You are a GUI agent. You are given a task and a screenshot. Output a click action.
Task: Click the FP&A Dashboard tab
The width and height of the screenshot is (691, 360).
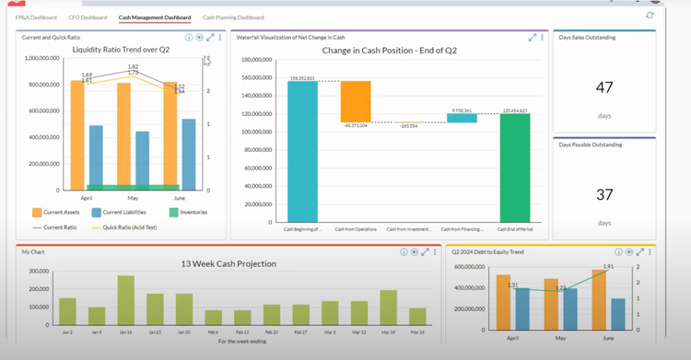coord(36,17)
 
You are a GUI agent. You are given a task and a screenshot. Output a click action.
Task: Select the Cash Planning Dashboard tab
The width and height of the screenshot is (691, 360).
coord(233,17)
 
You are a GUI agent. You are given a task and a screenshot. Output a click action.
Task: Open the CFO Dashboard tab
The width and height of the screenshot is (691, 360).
coord(88,17)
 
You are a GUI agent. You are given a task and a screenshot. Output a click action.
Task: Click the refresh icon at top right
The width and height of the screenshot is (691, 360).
coord(650,15)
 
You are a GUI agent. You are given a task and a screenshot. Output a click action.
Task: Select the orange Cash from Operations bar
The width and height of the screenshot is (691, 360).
coord(356,101)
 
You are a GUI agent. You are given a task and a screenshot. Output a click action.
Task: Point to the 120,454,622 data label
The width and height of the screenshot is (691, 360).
coord(515,110)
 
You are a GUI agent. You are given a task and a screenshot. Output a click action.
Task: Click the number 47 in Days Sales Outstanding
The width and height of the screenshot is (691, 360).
coord(603,87)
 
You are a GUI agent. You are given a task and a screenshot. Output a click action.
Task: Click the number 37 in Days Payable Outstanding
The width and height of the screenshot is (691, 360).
coord(603,194)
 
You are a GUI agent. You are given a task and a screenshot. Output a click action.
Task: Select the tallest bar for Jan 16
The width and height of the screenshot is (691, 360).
coord(125,304)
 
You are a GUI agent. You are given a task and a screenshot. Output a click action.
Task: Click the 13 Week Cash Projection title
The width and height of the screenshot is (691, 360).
coord(229,263)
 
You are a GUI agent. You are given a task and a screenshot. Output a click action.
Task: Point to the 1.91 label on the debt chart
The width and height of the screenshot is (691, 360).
coord(607,266)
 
